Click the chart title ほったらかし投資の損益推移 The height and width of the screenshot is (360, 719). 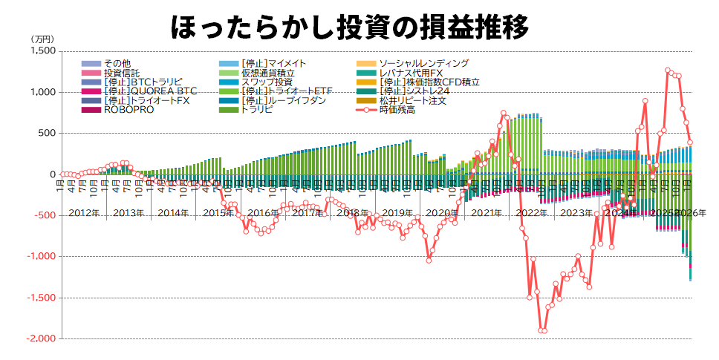(x=349, y=27)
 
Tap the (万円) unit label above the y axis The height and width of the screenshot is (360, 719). (x=42, y=39)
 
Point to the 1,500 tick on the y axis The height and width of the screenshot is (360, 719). (x=43, y=51)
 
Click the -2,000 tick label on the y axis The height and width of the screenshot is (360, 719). (x=41, y=338)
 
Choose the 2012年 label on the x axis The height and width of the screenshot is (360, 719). (x=83, y=213)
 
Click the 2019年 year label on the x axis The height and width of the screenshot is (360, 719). (x=397, y=213)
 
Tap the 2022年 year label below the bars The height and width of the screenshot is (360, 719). (x=531, y=213)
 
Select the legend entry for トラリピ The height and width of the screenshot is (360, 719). (x=257, y=110)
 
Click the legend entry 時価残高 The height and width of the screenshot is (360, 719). (x=397, y=110)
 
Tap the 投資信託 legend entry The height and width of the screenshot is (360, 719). (x=121, y=73)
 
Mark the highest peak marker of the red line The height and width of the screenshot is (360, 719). (x=667, y=71)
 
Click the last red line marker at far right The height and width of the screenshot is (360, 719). (x=689, y=143)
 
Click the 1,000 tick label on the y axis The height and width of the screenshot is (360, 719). (x=43, y=92)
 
